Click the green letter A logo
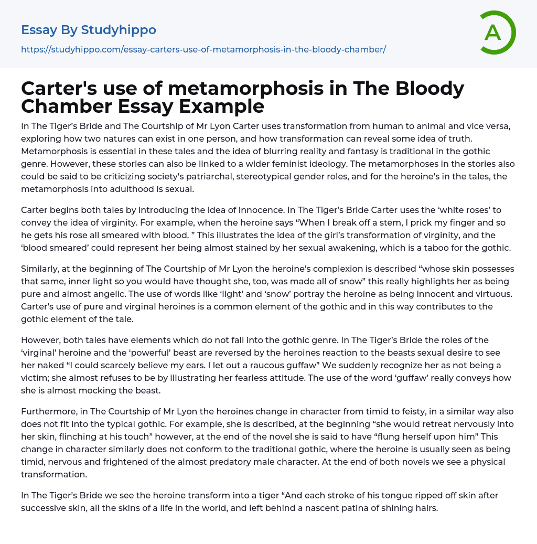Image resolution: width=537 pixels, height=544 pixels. coord(497,33)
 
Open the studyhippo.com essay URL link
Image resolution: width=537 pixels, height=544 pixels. coord(203,49)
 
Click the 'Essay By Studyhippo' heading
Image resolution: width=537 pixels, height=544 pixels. coord(89,30)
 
